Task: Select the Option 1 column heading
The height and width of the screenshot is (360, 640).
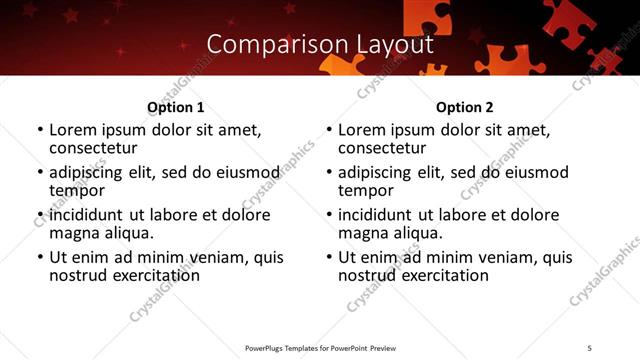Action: pos(175,107)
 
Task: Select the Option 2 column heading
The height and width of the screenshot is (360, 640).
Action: pos(464,107)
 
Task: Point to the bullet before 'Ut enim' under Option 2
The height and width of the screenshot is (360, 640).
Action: pos(329,257)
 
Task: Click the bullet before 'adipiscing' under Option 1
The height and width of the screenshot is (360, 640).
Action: pos(40,172)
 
